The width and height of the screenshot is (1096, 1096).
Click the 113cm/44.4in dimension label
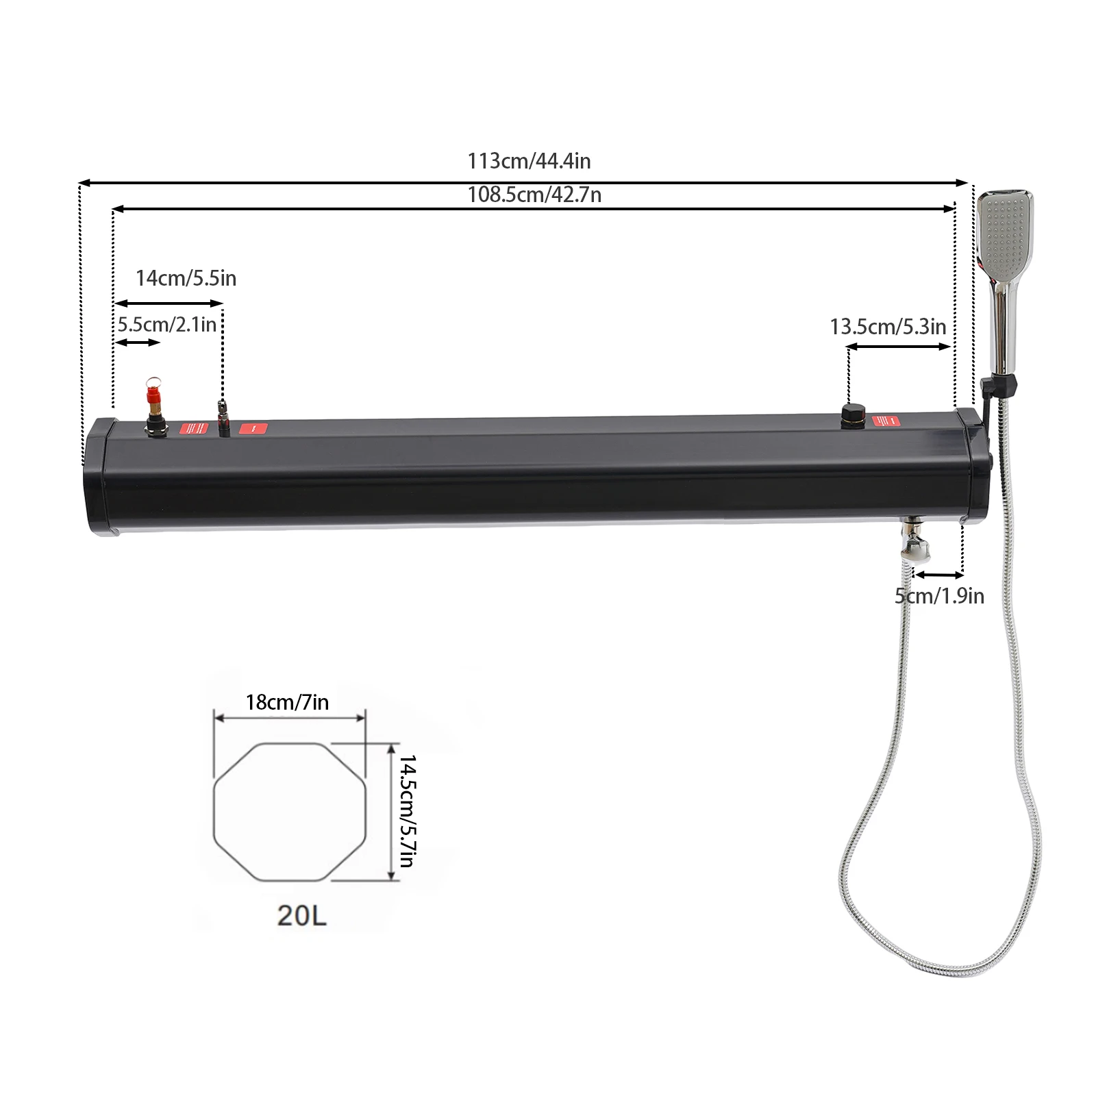pos(529,161)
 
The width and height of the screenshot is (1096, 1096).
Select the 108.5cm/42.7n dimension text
pos(534,195)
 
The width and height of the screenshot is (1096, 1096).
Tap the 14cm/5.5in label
pos(186,278)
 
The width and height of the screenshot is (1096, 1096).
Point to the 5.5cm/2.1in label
pos(167,324)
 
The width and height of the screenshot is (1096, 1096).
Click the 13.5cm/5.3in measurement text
pos(888,327)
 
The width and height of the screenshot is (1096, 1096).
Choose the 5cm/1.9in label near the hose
pos(939,596)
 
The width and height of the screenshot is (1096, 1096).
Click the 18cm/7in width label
pos(287,702)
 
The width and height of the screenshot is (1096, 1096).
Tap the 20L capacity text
pos(301,915)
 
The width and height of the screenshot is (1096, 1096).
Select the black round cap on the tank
pos(853,414)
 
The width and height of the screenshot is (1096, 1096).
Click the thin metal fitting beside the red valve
pos(222,417)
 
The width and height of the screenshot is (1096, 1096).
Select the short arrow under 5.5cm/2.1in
pos(138,342)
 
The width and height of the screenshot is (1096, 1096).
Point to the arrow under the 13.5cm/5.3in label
pos(899,347)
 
